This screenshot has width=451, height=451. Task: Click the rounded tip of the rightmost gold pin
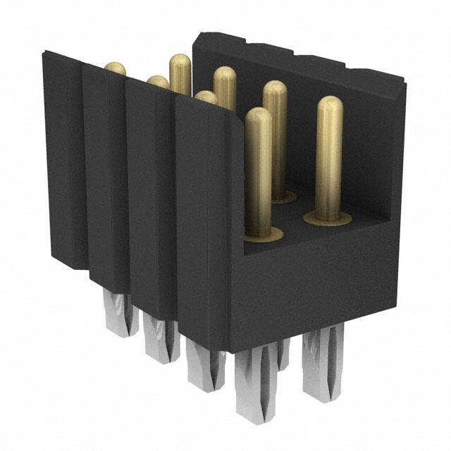click(x=329, y=106)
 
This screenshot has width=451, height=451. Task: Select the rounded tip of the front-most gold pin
click(x=259, y=117)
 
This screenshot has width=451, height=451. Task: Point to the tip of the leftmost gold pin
click(x=115, y=68)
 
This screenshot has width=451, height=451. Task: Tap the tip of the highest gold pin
click(x=180, y=63)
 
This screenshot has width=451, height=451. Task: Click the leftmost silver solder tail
click(x=118, y=314)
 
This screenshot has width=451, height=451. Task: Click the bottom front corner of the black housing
click(x=230, y=350)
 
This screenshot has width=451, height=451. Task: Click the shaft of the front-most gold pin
click(x=259, y=176)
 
